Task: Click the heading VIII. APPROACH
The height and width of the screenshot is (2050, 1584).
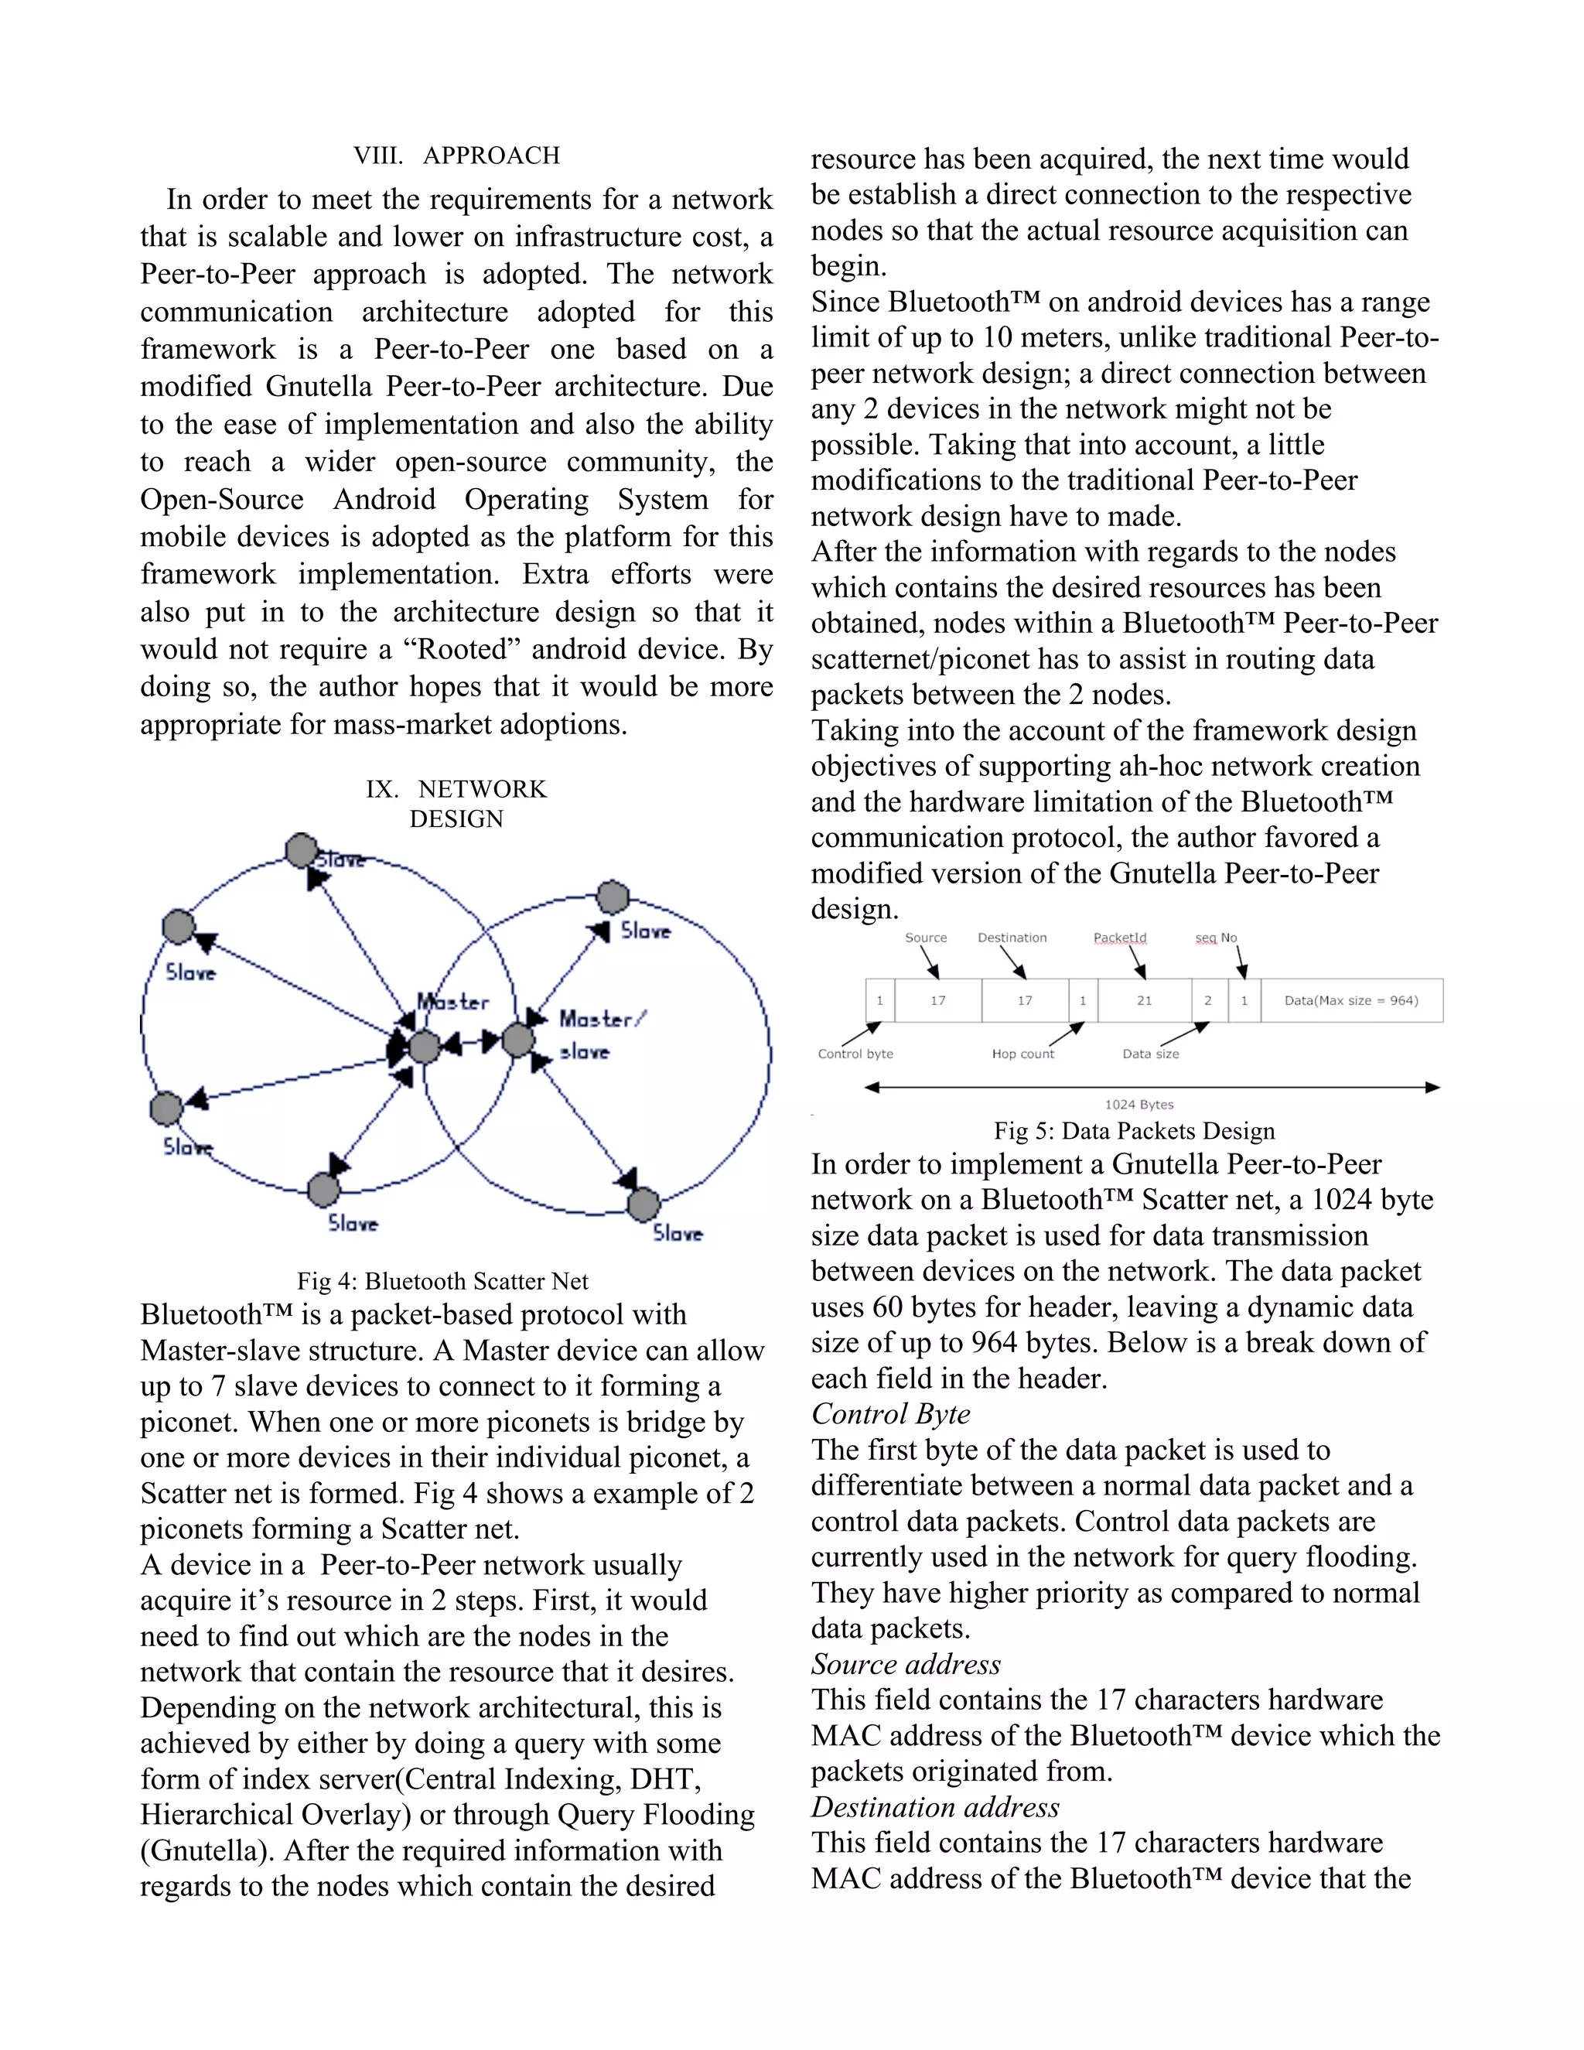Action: pyautogui.click(x=457, y=155)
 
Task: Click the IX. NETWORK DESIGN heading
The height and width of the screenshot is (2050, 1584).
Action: pyautogui.click(x=456, y=804)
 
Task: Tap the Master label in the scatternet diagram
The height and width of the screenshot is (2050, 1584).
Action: pyautogui.click(x=453, y=1002)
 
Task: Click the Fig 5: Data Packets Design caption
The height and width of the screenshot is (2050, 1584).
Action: pyautogui.click(x=1134, y=1130)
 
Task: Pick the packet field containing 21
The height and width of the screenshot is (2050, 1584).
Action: pyautogui.click(x=1144, y=1000)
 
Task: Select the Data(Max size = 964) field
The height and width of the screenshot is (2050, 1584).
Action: pyautogui.click(x=1350, y=1000)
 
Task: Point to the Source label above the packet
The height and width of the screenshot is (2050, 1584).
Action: pyautogui.click(x=925, y=938)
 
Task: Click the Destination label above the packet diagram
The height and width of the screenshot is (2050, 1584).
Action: pyautogui.click(x=1012, y=938)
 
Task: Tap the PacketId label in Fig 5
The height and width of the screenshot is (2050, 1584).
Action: pyautogui.click(x=1119, y=938)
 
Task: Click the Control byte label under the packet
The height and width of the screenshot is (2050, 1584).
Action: pyautogui.click(x=855, y=1054)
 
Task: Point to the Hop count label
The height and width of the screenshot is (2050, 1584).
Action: pyautogui.click(x=1022, y=1054)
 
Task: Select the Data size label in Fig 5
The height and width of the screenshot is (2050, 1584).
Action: pyautogui.click(x=1150, y=1054)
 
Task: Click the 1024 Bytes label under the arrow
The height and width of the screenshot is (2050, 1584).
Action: pyautogui.click(x=1138, y=1105)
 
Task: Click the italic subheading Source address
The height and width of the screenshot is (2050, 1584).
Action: pyautogui.click(x=906, y=1664)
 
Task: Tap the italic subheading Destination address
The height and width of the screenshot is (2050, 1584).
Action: pyautogui.click(x=934, y=1807)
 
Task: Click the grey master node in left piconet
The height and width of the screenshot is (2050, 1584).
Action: pyautogui.click(x=424, y=1046)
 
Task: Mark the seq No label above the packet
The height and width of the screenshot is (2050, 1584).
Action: pyautogui.click(x=1215, y=938)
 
